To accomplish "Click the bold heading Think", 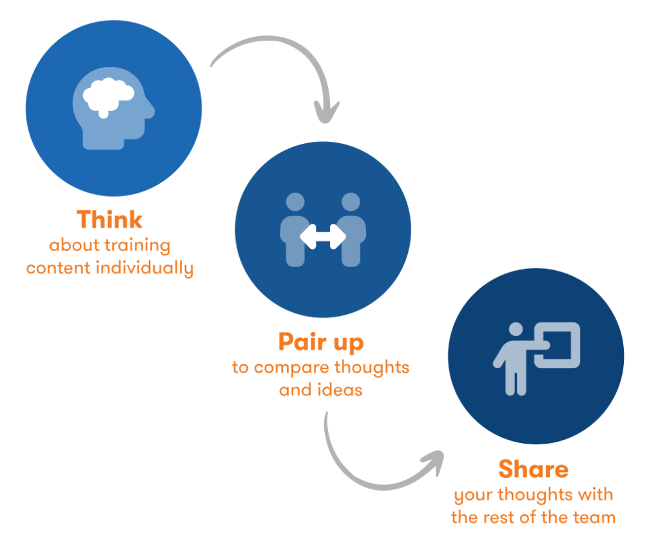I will point(110,220).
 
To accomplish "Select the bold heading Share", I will point(533,469).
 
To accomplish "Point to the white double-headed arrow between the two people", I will point(323,237).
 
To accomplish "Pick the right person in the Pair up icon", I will point(351,229).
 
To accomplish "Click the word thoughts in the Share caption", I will point(538,496).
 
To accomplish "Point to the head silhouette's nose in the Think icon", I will point(153,111).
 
